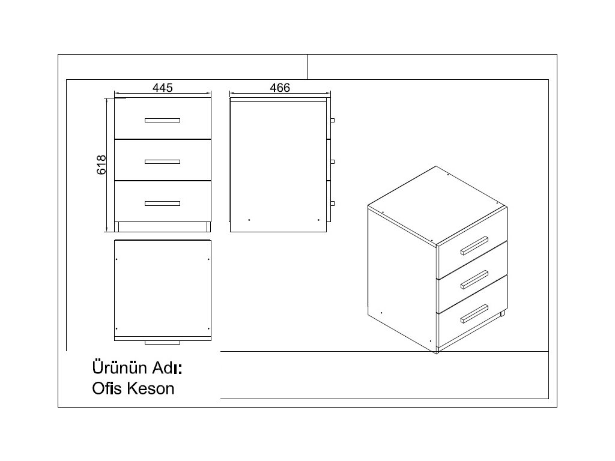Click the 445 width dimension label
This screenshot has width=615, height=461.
click(x=162, y=88)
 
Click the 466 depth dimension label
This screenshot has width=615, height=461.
click(x=280, y=88)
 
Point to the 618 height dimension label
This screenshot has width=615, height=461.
click(x=101, y=164)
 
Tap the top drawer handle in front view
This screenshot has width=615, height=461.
click(x=162, y=120)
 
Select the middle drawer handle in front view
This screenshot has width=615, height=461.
click(x=162, y=161)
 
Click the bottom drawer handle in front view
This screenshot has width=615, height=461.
click(x=162, y=203)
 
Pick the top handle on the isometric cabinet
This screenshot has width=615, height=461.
click(x=474, y=246)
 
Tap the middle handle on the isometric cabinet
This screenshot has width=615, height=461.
click(x=474, y=279)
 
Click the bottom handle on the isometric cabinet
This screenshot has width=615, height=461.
click(x=474, y=314)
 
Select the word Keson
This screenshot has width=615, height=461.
click(x=151, y=388)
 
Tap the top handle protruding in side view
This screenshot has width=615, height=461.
click(x=332, y=120)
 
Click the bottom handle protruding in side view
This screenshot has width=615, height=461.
click(x=332, y=203)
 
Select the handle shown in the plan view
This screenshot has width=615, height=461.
click(x=162, y=342)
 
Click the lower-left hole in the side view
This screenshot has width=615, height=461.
click(x=249, y=220)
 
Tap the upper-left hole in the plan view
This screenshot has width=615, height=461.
click(x=117, y=259)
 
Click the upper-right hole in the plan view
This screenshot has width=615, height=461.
click(x=208, y=259)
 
